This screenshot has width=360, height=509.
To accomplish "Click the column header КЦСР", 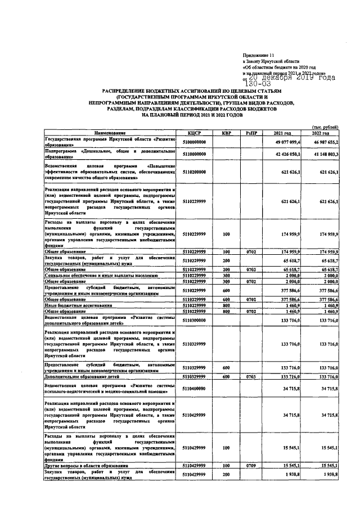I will tap(195, 133).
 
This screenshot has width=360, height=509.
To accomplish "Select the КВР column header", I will tap(226, 133).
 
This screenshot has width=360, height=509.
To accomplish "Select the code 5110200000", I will tap(195, 172).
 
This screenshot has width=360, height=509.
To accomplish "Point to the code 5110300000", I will tap(195, 319).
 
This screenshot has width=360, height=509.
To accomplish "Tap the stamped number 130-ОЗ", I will tap(258, 84).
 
